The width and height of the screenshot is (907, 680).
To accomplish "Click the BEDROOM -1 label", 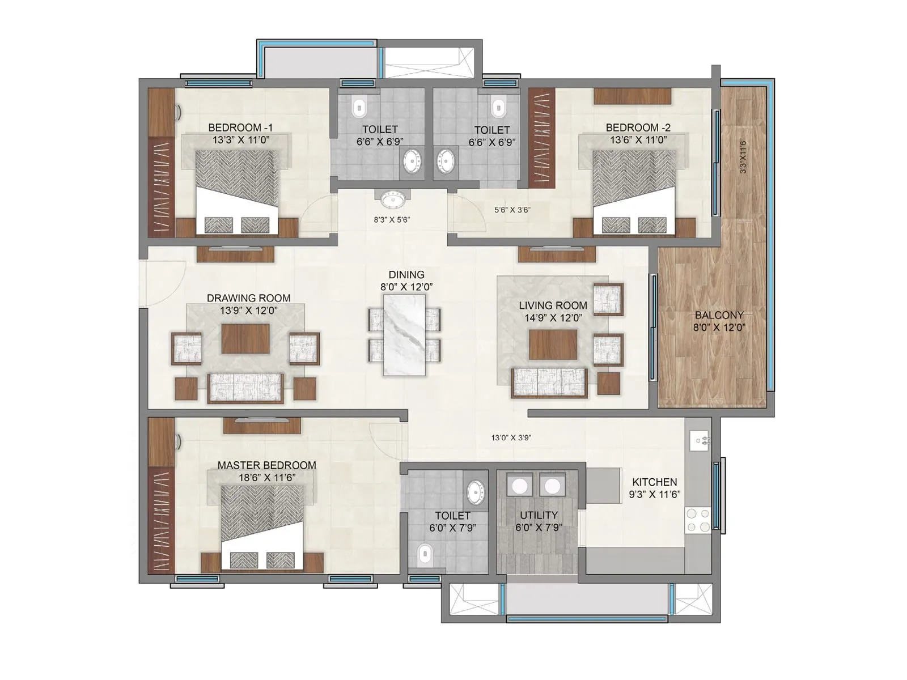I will click(x=240, y=127).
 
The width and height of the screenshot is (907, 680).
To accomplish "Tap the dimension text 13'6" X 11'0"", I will click(x=638, y=140).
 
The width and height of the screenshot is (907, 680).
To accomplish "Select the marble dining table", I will click(x=404, y=334).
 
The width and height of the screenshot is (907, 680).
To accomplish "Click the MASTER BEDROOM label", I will click(x=266, y=465).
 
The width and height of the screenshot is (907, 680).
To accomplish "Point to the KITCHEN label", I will click(x=655, y=482).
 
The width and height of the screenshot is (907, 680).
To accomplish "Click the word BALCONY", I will click(x=719, y=315).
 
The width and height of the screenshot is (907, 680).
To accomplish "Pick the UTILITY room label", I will click(x=539, y=515).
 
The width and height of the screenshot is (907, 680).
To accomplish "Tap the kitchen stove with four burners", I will click(x=698, y=520).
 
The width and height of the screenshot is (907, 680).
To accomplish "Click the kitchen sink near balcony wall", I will click(x=698, y=440).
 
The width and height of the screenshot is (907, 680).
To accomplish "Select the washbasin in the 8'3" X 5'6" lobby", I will click(x=392, y=199).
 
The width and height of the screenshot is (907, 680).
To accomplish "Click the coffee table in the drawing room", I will click(x=245, y=338).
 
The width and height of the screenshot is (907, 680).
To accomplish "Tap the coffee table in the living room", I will click(x=553, y=345).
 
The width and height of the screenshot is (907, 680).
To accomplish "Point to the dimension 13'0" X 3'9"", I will click(x=511, y=437).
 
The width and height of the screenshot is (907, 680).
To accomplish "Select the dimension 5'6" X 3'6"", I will click(x=512, y=210).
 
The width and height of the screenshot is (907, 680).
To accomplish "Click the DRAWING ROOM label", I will click(x=248, y=298).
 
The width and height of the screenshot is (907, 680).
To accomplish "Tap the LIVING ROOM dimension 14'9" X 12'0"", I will click(x=553, y=318).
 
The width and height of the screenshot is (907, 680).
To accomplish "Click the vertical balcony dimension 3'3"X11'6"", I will click(x=743, y=156).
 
